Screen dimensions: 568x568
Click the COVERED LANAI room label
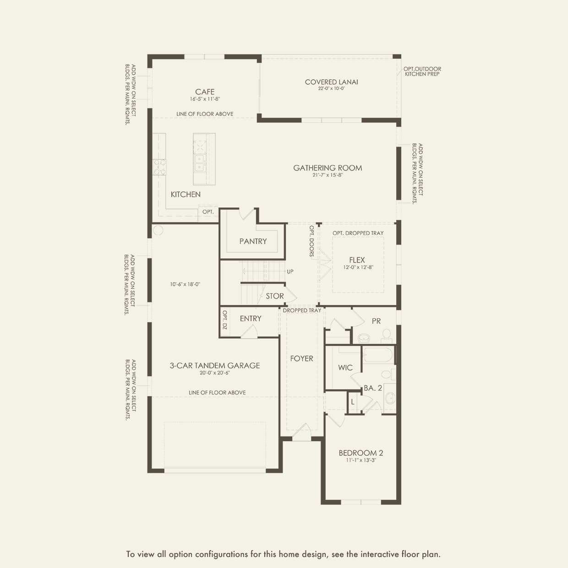tap(331, 82)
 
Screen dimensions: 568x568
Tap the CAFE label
tap(205, 92)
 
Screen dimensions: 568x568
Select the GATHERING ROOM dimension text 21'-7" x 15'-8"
tap(328, 175)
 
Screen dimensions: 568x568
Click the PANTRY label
tap(253, 241)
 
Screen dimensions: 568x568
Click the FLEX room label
tap(357, 260)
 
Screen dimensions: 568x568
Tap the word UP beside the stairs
tap(290, 272)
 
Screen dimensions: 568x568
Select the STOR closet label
tap(275, 296)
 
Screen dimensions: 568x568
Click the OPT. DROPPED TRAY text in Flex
tap(358, 233)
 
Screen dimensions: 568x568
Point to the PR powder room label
tap(376, 321)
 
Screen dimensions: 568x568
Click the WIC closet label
tap(345, 367)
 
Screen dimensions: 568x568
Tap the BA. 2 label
tap(373, 388)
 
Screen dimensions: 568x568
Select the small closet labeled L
tap(353, 402)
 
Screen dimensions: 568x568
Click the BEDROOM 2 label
tap(361, 453)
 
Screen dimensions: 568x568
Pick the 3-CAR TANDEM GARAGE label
tap(215, 366)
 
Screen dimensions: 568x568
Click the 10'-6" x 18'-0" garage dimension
tap(185, 284)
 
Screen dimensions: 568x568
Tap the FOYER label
tap(301, 359)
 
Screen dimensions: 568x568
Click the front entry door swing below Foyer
tap(302, 431)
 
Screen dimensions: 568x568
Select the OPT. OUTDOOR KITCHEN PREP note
tap(422, 71)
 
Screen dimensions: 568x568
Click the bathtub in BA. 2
tap(378, 355)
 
